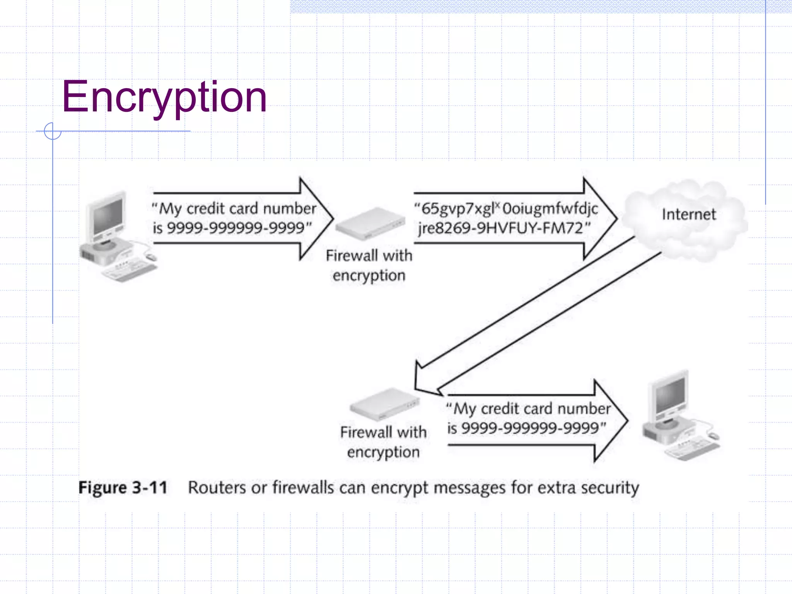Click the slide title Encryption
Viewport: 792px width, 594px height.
tap(164, 97)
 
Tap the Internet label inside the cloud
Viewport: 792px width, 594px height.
tap(689, 214)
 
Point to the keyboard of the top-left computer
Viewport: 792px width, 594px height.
tap(130, 270)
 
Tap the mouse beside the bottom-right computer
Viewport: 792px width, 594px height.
tap(714, 436)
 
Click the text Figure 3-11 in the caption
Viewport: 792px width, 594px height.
tap(123, 488)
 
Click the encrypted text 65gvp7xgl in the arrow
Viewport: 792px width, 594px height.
tap(458, 209)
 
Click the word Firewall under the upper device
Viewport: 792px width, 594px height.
tap(352, 256)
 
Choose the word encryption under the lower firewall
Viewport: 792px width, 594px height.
tap(383, 452)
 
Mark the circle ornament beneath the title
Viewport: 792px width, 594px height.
tap(53, 131)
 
